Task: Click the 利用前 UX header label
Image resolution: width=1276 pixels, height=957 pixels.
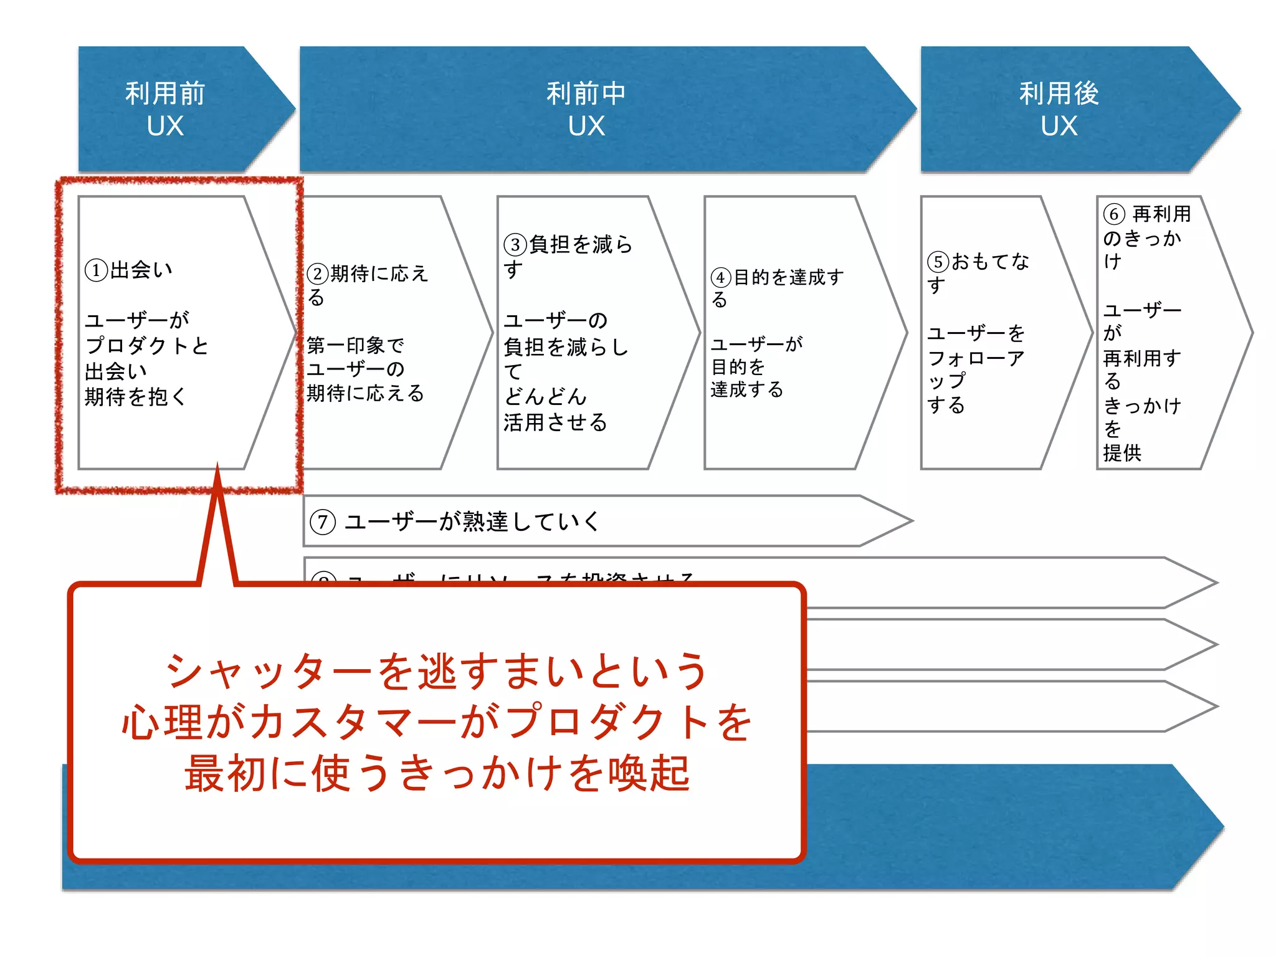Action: pyautogui.click(x=165, y=109)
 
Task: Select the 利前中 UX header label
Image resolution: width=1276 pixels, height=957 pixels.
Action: pyautogui.click(x=586, y=109)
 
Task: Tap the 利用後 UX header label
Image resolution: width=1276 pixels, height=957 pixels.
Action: pyautogui.click(x=1059, y=109)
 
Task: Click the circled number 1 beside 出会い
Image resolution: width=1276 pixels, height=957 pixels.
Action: pyautogui.click(x=96, y=270)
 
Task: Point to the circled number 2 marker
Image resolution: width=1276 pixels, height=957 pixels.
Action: pyautogui.click(x=318, y=274)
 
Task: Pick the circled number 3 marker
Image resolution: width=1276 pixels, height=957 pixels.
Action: pyautogui.click(x=515, y=244)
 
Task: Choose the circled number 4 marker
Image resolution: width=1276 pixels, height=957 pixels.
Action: pyautogui.click(x=721, y=277)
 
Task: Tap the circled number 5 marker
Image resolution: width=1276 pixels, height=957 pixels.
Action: pyautogui.click(x=938, y=262)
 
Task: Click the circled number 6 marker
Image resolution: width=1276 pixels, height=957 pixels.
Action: pyautogui.click(x=1114, y=214)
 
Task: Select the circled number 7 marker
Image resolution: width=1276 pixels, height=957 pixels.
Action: pyautogui.click(x=323, y=521)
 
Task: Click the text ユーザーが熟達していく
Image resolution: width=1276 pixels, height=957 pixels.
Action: pyautogui.click(x=472, y=521)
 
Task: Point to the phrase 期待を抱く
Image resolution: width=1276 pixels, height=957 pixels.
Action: pyautogui.click(x=135, y=397)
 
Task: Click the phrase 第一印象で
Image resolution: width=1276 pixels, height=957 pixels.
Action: pyautogui.click(x=355, y=345)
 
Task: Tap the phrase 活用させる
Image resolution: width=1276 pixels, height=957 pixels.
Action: pyautogui.click(x=555, y=422)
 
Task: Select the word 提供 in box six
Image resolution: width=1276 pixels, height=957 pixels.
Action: pyautogui.click(x=1122, y=453)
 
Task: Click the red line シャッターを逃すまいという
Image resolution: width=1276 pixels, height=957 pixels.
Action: pyautogui.click(x=436, y=672)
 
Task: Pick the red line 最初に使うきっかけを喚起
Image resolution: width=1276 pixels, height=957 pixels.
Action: pyautogui.click(x=436, y=773)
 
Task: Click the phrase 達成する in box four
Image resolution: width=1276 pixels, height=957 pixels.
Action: pyautogui.click(x=746, y=390)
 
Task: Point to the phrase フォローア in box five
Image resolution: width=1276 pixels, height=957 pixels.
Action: pyautogui.click(x=976, y=358)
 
